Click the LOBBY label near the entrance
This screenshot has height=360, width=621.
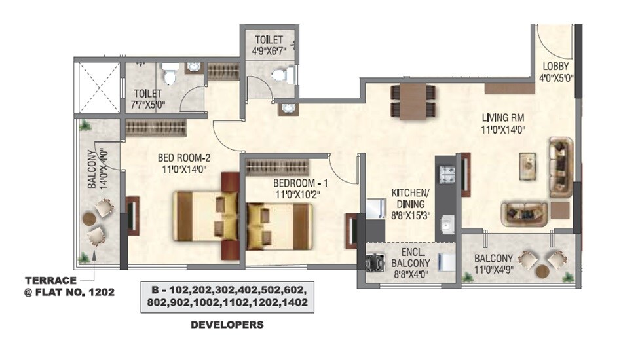pyautogui.click(x=555, y=66)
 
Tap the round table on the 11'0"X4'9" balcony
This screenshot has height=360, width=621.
pyautogui.click(x=542, y=270)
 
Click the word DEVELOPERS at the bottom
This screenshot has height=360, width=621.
pyautogui.click(x=227, y=325)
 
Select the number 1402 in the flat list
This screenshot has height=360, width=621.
pyautogui.click(x=292, y=302)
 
